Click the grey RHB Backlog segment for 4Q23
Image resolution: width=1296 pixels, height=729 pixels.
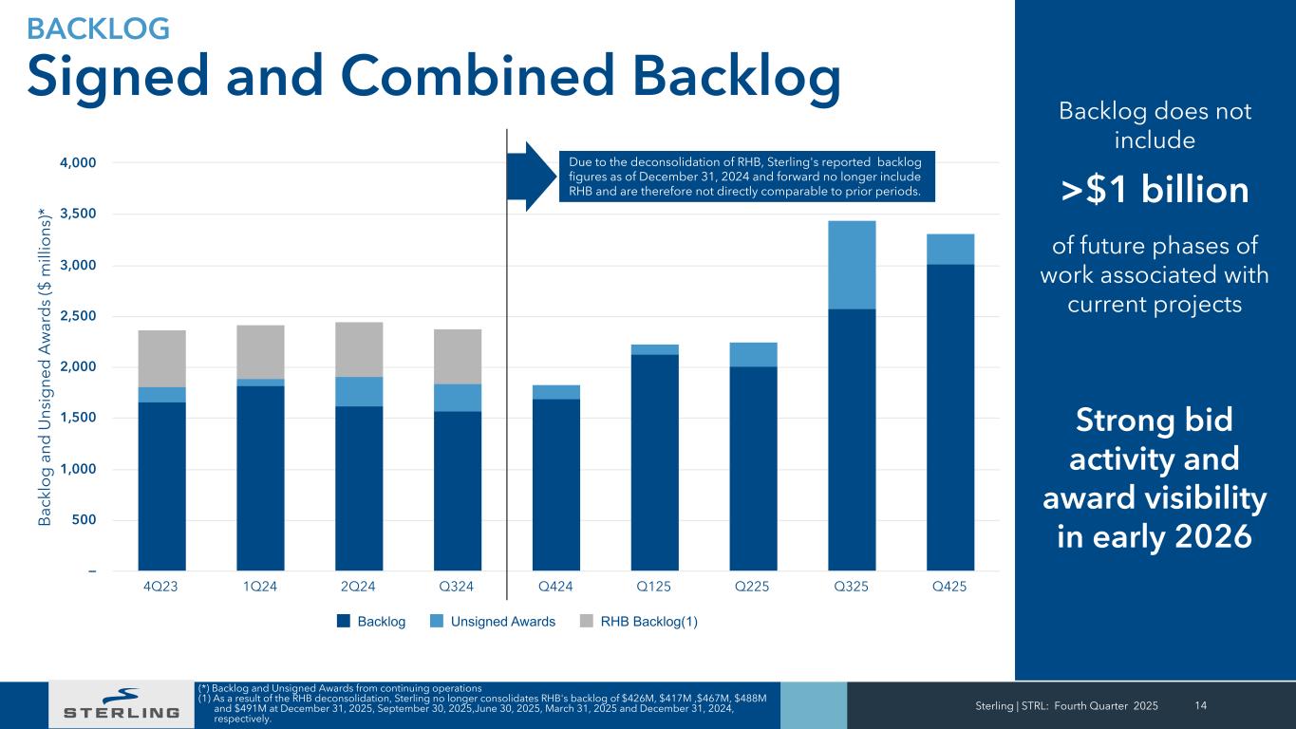[x=161, y=358]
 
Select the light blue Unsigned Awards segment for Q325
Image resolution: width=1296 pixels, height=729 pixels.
[x=852, y=265]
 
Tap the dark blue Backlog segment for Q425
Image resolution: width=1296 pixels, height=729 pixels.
[x=950, y=418]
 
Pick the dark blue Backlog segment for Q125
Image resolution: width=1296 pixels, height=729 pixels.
[x=654, y=462]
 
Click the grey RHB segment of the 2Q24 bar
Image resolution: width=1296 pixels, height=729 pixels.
[x=359, y=349]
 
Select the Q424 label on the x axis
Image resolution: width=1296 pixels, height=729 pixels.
[x=555, y=587]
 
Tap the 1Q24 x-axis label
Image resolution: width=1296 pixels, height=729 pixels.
[x=260, y=587]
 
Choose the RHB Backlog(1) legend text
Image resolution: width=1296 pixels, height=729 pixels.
[x=649, y=622]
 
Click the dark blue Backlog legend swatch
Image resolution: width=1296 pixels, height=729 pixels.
[x=343, y=622]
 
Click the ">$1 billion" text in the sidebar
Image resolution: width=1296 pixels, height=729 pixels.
[x=1155, y=191]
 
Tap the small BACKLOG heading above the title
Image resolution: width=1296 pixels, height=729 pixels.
[x=99, y=28]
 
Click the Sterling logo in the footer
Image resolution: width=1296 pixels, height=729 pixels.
[x=121, y=704]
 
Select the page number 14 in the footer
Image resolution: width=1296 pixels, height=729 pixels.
[x=1201, y=704]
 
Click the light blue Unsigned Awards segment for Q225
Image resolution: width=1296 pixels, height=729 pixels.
[x=753, y=354]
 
